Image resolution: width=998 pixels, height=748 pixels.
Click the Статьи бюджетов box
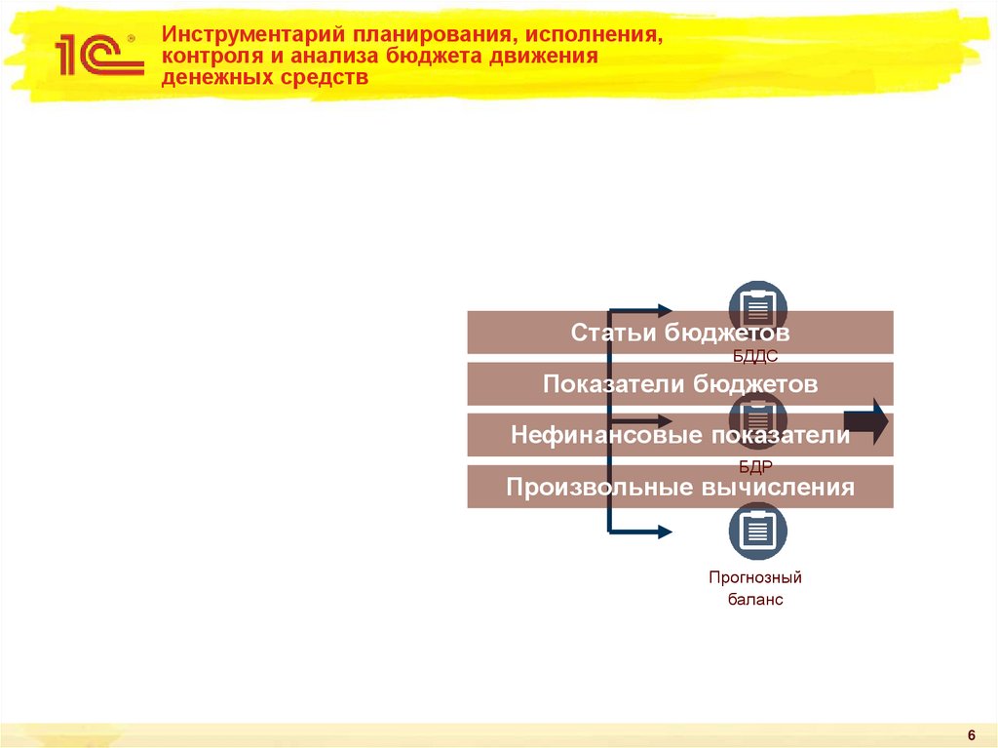[x=679, y=333]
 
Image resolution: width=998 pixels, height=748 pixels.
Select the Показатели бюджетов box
[x=679, y=384]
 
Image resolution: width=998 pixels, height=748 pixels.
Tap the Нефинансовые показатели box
[x=679, y=435]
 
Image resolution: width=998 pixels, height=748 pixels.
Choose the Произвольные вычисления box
[x=679, y=487]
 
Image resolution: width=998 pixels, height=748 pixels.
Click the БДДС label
[x=756, y=359]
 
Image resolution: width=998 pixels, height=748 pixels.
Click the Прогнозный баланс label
[x=755, y=588]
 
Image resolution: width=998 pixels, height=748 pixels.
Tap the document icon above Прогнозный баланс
[x=757, y=531]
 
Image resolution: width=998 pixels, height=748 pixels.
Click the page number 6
[x=972, y=734]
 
